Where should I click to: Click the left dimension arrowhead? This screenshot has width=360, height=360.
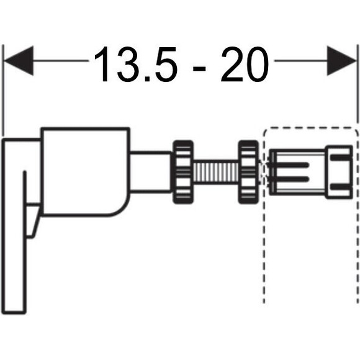coord(19,61)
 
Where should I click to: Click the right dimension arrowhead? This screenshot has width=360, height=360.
coord(341,61)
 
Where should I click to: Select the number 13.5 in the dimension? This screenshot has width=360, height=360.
coord(135,65)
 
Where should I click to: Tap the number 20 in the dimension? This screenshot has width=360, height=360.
coord(245,65)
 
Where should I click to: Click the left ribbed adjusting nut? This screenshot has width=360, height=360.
coord(183,172)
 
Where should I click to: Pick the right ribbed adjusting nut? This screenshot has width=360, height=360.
coord(249,172)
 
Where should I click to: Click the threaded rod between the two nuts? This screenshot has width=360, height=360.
coord(216,172)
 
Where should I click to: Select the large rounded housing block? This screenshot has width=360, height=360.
coord(85,171)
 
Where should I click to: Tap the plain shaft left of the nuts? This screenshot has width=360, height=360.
coord(151,171)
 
